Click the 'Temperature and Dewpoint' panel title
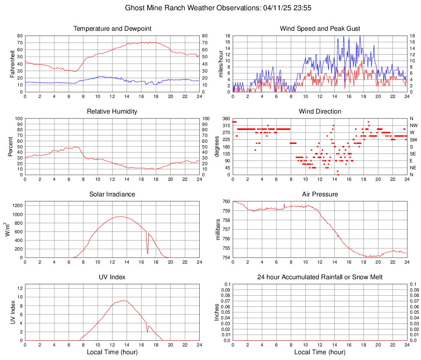coord(112,29)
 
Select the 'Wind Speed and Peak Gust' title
coord(320,29)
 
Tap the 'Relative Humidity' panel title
coord(112,112)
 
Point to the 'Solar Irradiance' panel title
coord(112,194)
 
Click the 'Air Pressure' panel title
coord(320,194)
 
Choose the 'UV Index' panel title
coord(112,277)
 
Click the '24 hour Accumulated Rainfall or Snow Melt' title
coord(320,277)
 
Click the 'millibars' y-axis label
coord(218,230)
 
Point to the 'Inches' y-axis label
coord(217,312)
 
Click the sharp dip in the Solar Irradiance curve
coord(148,253)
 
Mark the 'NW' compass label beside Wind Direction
coord(413,125)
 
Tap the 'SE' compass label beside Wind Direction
coord(413,154)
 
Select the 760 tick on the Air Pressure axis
coord(225,202)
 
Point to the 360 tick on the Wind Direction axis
coord(225,118)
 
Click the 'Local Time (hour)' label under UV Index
coord(112,352)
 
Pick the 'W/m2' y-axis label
coord(9,230)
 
